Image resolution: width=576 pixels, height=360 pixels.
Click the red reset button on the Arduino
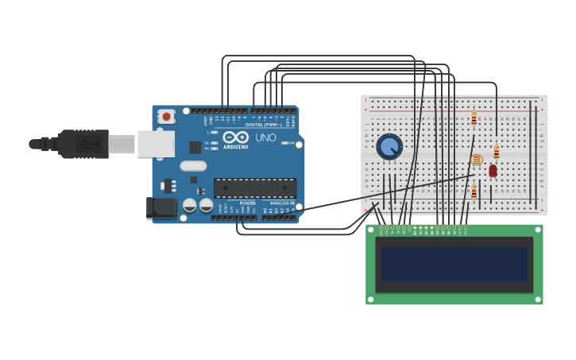tap(166, 116)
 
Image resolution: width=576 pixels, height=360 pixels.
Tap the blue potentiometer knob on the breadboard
tap(389, 146)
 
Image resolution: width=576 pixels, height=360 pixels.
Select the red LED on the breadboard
tap(493, 170)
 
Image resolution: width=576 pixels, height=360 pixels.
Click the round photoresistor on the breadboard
tap(477, 160)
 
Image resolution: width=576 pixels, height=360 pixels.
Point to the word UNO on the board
tap(265, 137)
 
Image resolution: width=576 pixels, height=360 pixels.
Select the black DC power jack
tap(161, 208)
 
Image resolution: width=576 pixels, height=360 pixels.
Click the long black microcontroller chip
tap(255, 188)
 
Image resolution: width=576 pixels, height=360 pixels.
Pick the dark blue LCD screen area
tap(454, 265)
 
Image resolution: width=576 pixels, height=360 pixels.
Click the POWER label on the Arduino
tap(248, 203)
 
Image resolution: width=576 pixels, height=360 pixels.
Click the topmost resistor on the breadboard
tap(474, 119)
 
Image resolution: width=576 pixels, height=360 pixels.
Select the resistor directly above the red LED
tap(497, 152)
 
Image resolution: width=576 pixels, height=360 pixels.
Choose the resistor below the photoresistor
tap(474, 191)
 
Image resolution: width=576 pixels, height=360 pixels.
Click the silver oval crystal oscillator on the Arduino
tap(193, 166)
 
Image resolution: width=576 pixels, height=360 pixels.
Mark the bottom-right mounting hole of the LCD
tap(537, 299)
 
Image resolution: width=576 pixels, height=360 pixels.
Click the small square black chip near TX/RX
tap(195, 147)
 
